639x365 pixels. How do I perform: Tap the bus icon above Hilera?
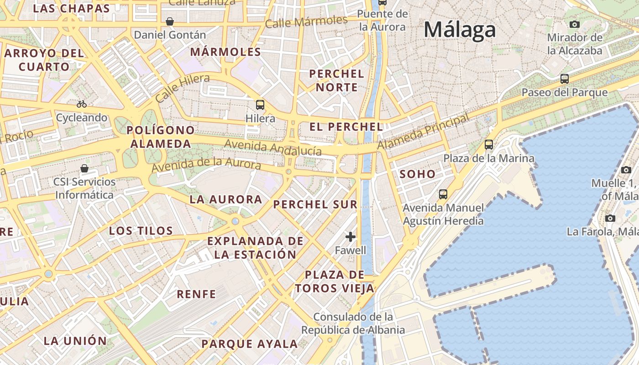pyautogui.click(x=260, y=104)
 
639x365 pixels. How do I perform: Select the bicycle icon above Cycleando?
pyautogui.click(x=82, y=104)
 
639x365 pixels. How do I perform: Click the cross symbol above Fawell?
pyautogui.click(x=351, y=237)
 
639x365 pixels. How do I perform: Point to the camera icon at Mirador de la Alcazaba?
pyautogui.click(x=575, y=24)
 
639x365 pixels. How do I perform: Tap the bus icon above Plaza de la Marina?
pyautogui.click(x=489, y=145)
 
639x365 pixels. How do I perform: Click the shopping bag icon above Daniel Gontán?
pyautogui.click(x=170, y=21)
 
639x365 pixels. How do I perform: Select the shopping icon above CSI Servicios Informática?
pyautogui.click(x=84, y=168)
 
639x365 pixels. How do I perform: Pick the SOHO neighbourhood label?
pyautogui.click(x=417, y=174)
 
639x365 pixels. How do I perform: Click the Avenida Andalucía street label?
pyautogui.click(x=273, y=148)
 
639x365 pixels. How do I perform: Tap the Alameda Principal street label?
pyautogui.click(x=423, y=132)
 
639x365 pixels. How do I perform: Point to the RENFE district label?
pyautogui.click(x=196, y=294)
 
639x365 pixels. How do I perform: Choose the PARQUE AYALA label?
pyautogui.click(x=249, y=344)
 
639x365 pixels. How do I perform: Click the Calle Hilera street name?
pyautogui.click(x=182, y=88)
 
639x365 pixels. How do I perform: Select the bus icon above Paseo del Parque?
pyautogui.click(x=565, y=79)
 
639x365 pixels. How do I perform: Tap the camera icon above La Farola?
pyautogui.click(x=610, y=218)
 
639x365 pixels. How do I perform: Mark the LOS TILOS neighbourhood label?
pyautogui.click(x=141, y=231)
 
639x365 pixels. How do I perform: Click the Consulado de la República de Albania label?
pyautogui.click(x=353, y=323)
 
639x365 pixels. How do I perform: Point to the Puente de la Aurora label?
pyautogui.click(x=382, y=20)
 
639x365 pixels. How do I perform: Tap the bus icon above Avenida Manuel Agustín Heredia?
pyautogui.click(x=443, y=194)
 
